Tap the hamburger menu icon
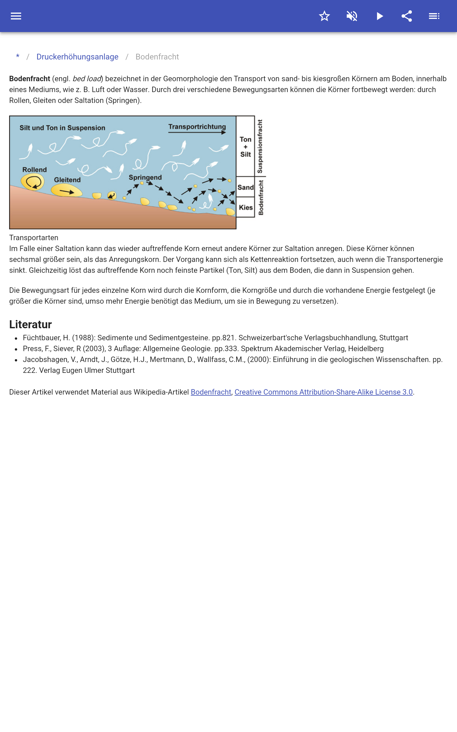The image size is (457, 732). tap(16, 16)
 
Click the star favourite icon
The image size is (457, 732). tap(324, 16)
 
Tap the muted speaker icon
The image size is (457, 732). tap(352, 16)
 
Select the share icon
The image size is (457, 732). tap(407, 16)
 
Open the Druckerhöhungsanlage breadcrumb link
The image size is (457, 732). tap(77, 57)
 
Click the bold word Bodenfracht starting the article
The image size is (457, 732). tap(30, 79)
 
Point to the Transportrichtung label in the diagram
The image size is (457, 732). tap(197, 126)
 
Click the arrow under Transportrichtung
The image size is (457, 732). tap(197, 132)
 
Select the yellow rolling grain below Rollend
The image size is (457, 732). tap(33, 182)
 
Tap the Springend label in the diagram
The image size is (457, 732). tap(145, 177)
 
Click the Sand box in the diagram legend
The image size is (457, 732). tap(245, 187)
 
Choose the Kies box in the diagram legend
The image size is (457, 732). tap(245, 208)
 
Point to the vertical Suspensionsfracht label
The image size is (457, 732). tap(260, 146)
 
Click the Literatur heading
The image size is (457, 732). tap(31, 324)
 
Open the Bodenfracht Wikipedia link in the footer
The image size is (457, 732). tap(211, 392)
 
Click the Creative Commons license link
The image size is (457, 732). tap(323, 392)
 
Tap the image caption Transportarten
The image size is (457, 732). tap(33, 238)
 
